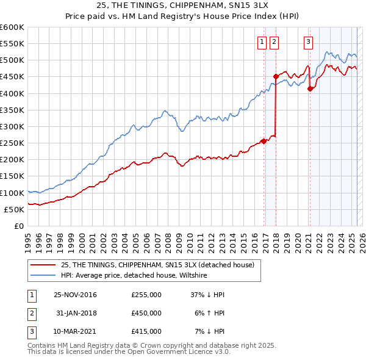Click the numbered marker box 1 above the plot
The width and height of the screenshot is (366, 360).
262,42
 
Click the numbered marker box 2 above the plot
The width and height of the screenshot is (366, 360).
274,42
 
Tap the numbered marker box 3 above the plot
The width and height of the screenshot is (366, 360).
308,42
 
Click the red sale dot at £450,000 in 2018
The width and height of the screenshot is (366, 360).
276,77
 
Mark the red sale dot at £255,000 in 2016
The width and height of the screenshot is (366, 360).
264,141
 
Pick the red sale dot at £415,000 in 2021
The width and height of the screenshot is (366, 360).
310,88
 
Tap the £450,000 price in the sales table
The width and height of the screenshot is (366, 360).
146,313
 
